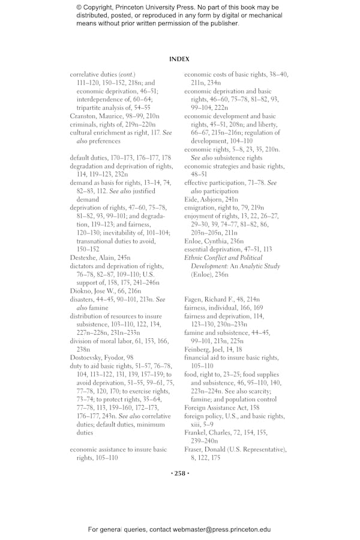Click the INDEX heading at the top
pyautogui.click(x=179, y=59)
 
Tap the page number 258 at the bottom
pyautogui.click(x=179, y=473)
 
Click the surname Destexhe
pyautogui.click(x=83, y=257)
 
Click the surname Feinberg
pyautogui.click(x=197, y=348)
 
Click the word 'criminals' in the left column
pyautogui.click(x=83, y=124)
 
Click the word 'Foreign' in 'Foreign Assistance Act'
pyautogui.click(x=196, y=407)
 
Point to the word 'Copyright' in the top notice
pyautogui.click(x=101, y=8)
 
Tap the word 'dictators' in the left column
pyautogui.click(x=83, y=265)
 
